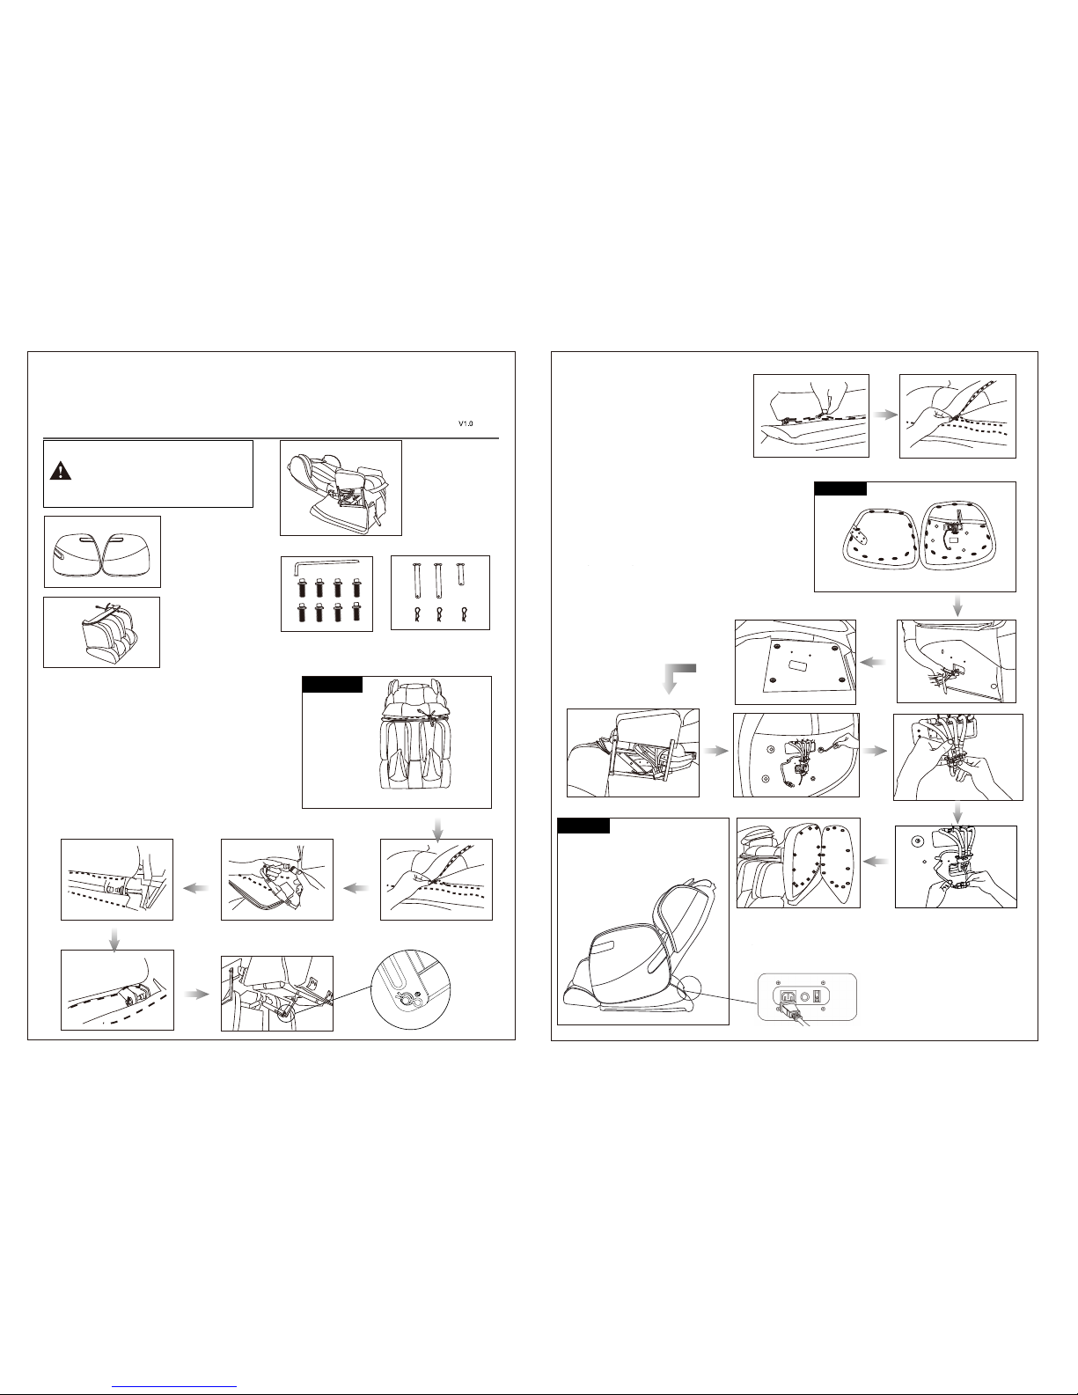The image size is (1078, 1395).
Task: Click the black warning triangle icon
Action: click(61, 471)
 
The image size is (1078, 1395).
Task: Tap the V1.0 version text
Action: click(466, 423)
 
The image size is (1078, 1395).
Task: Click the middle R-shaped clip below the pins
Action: click(439, 614)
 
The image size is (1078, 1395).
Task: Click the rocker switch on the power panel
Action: click(817, 995)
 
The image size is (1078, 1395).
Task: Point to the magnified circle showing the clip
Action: click(411, 989)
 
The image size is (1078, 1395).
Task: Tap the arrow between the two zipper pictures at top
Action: click(885, 415)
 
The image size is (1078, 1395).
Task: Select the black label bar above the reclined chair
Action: click(583, 826)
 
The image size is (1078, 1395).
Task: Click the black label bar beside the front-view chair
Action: click(333, 685)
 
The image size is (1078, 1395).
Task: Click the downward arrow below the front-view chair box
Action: click(437, 829)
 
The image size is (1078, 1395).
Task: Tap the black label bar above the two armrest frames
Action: click(840, 488)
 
